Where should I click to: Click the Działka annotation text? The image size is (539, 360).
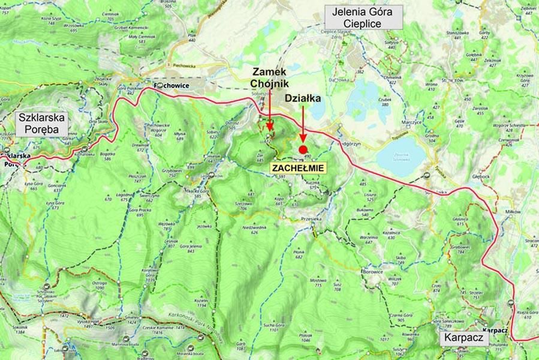pyautogui.click(x=303, y=96)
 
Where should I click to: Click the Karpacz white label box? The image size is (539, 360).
pyautogui.click(x=463, y=338)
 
